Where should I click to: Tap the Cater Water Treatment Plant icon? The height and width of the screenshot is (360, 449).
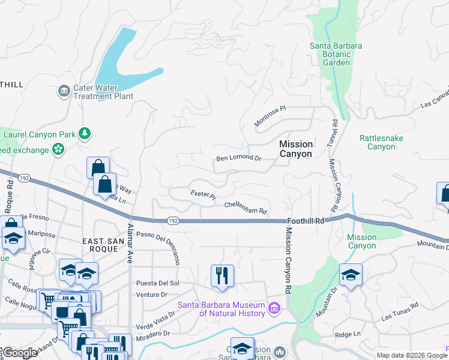tap(64, 92)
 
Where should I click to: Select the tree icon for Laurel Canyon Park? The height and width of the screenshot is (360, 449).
tap(86, 134)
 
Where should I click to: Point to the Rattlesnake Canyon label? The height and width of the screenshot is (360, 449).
tap(381, 142)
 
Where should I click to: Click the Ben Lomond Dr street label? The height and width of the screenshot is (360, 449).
tap(239, 159)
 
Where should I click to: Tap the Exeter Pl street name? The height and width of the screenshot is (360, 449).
tap(203, 194)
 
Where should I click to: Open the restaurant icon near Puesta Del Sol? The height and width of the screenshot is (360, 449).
tap(222, 276)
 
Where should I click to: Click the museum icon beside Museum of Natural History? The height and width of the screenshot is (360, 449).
tap(275, 308)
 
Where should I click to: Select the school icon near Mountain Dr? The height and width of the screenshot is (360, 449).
tap(351, 275)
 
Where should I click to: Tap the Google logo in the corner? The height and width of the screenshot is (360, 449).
tap(19, 353)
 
